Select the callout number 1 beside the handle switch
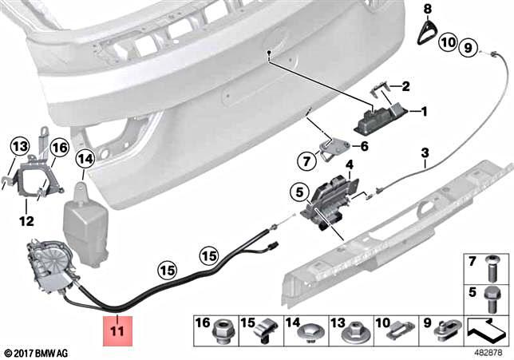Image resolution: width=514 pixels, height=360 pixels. pos(425,112)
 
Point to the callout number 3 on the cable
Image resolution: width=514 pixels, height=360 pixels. pos(425,152)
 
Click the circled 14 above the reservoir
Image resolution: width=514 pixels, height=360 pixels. pos(85,159)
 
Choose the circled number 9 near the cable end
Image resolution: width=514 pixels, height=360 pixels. pos(469,45)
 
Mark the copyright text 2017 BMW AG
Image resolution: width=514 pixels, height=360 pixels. pos(38,352)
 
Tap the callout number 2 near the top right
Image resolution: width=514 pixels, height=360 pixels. pos(405,86)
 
